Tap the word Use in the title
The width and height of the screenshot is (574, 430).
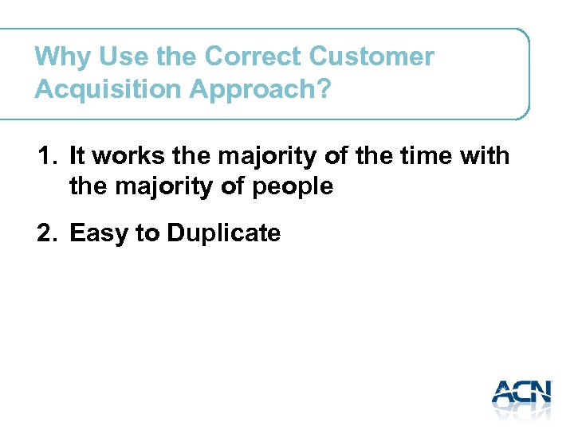point(116,57)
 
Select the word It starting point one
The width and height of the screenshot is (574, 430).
point(77,156)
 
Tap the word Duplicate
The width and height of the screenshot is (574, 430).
point(224,233)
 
